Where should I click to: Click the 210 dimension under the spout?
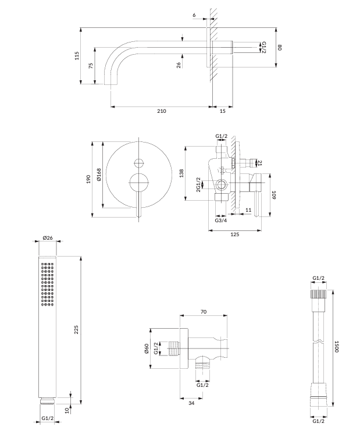point(162,111)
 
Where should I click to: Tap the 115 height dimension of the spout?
point(77,56)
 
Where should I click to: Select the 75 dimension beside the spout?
point(91,66)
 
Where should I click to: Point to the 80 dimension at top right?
point(279,48)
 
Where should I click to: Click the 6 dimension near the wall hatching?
point(194,15)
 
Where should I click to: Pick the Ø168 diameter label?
point(99,175)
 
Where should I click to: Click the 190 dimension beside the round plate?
point(88,179)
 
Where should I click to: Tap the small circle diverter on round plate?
point(139,163)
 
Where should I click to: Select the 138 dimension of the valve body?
point(181,173)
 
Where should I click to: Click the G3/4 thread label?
point(221,221)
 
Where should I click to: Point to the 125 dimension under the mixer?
point(234,234)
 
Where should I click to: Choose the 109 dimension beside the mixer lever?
point(274,195)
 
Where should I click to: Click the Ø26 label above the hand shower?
point(48,237)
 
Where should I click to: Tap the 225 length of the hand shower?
point(76,330)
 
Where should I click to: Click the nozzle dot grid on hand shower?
point(47,284)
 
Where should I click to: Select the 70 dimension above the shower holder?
point(204,312)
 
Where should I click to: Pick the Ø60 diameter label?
point(146,348)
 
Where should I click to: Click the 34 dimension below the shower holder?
point(191,403)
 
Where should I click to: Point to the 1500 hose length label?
point(336,347)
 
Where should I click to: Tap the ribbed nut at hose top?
point(319,294)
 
